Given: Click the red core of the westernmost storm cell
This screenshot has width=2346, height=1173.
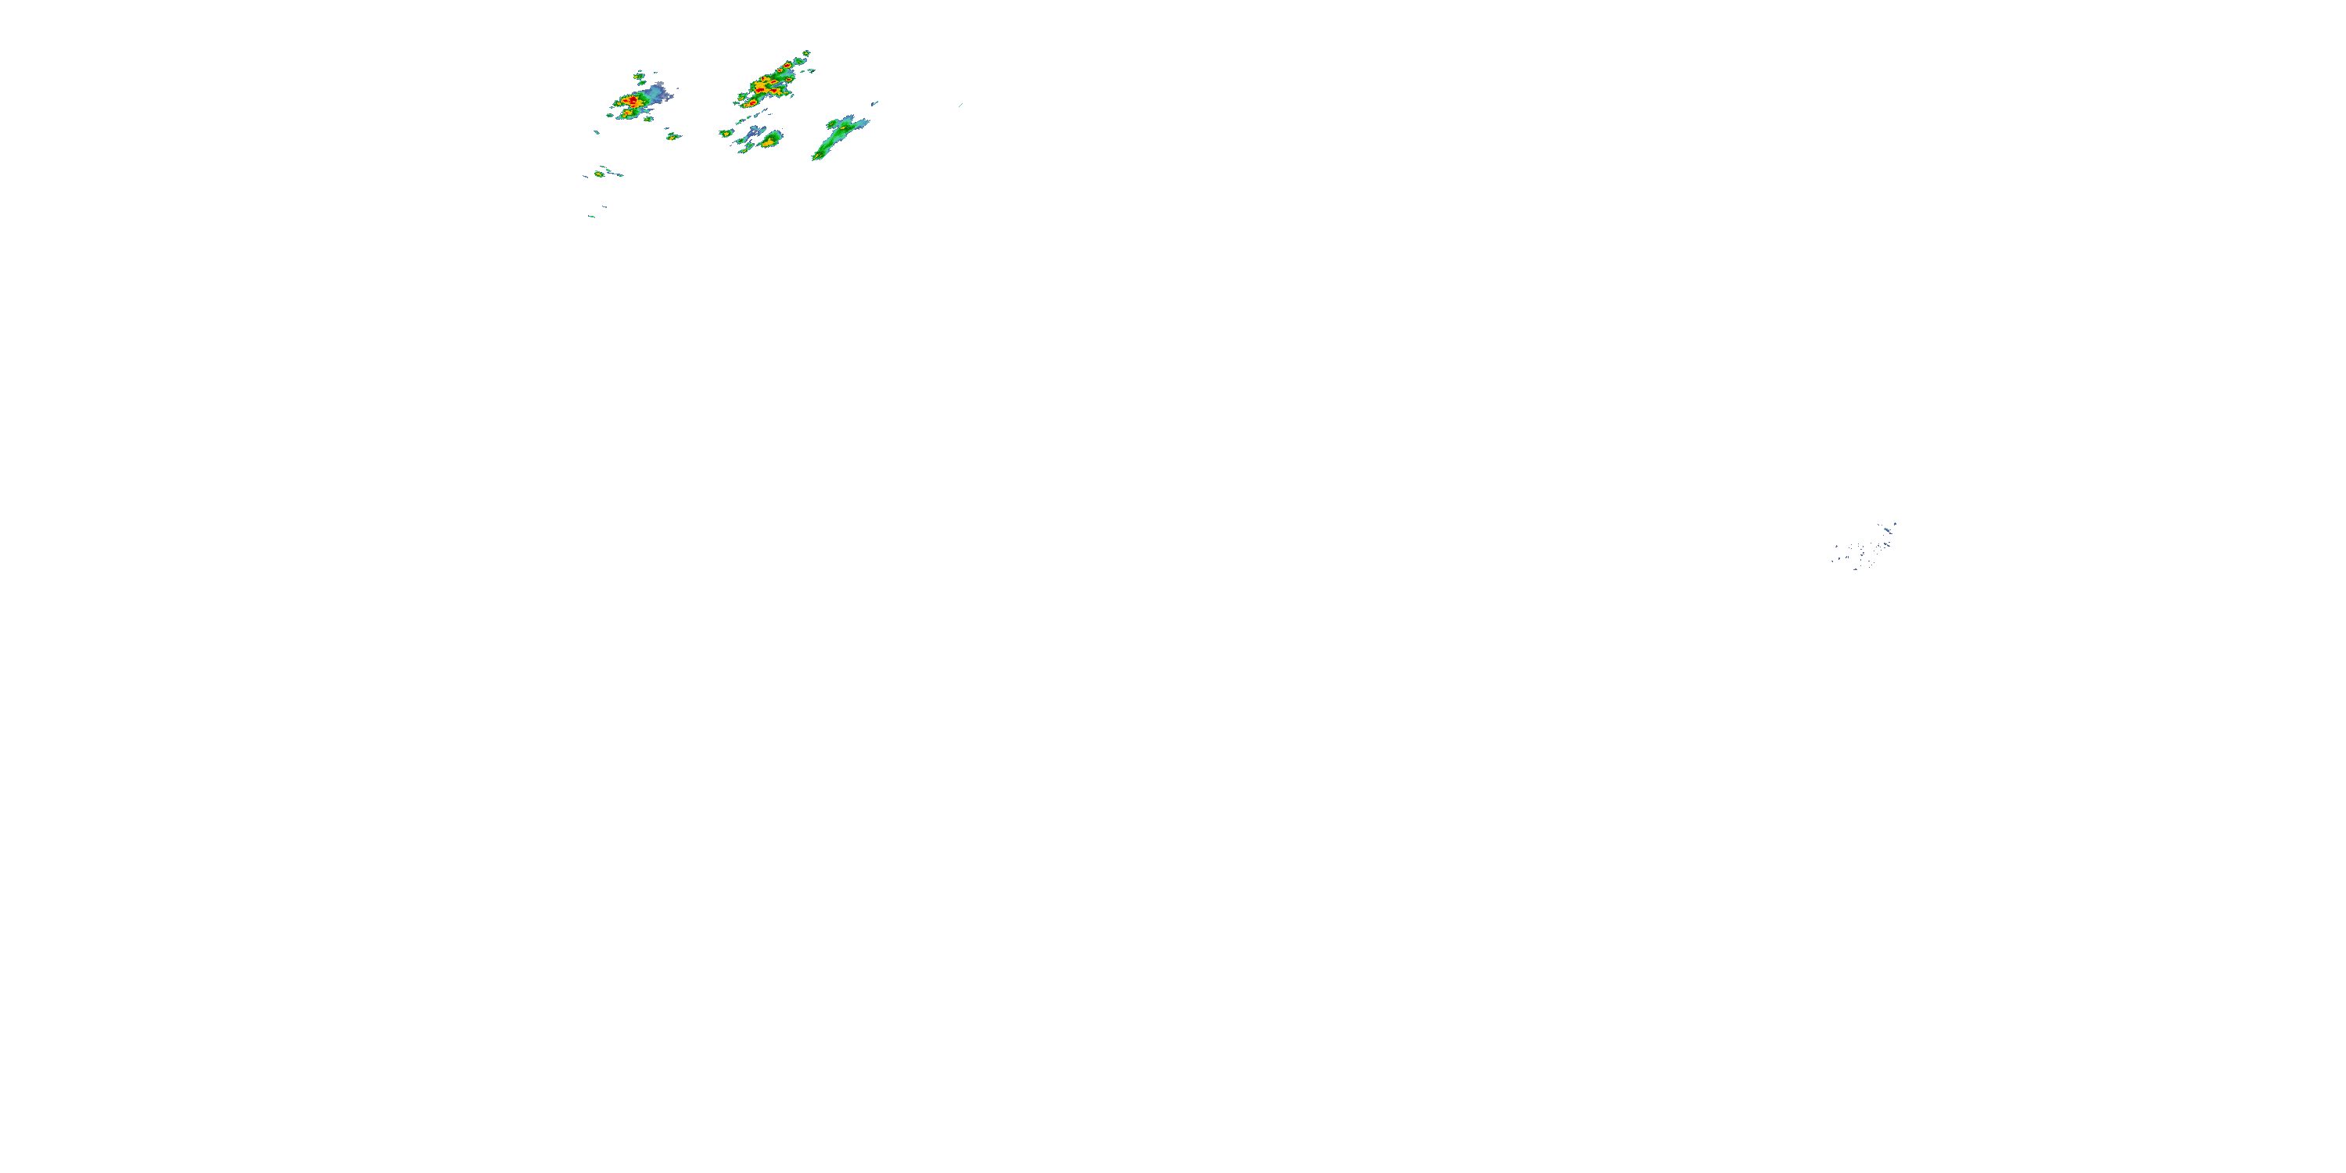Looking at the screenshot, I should tap(630, 101).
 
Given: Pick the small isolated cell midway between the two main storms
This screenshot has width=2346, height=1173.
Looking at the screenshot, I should tap(673, 137).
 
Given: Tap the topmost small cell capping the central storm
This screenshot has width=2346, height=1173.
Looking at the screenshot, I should tap(806, 54).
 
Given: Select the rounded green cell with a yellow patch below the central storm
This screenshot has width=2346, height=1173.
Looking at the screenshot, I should tap(771, 140).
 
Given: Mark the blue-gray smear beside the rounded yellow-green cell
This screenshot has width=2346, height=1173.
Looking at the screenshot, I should tap(753, 135).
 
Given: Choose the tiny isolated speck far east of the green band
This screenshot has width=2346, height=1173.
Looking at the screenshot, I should tap(960, 105).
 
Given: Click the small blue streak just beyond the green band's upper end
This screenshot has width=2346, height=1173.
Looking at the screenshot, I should tap(875, 103).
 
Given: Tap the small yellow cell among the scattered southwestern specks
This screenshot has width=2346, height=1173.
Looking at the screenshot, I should tap(598, 173).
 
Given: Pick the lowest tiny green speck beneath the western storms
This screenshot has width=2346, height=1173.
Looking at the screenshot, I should tap(592, 217).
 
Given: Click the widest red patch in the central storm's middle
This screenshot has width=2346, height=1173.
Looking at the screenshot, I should tap(763, 85).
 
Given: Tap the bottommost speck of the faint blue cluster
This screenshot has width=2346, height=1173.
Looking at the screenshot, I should tap(1856, 569).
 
